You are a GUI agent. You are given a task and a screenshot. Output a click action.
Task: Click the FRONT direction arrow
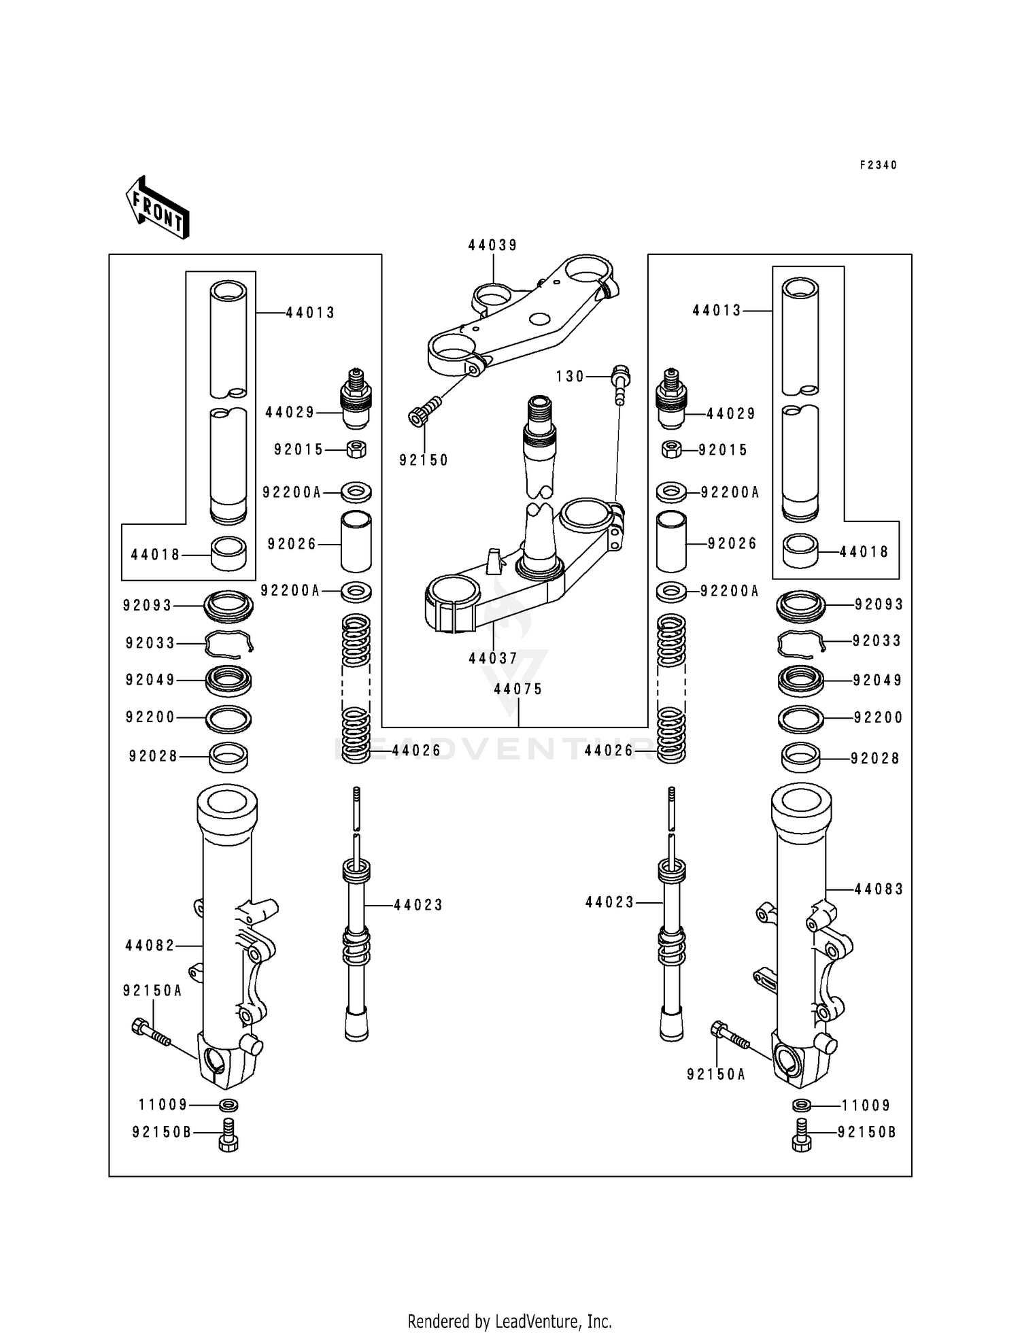pyautogui.click(x=157, y=207)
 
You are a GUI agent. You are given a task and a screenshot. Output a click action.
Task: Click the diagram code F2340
pyautogui.click(x=878, y=165)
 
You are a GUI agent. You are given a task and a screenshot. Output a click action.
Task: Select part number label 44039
pyautogui.click(x=492, y=245)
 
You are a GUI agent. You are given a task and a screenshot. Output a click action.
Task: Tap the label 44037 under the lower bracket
pyautogui.click(x=493, y=658)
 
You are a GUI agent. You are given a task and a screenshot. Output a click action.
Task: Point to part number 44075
pyautogui.click(x=518, y=689)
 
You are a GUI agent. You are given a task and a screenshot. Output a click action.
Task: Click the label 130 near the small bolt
pyautogui.click(x=570, y=376)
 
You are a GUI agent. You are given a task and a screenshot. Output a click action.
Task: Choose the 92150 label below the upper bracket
pyautogui.click(x=424, y=460)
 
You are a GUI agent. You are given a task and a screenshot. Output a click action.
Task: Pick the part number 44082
pyautogui.click(x=150, y=946)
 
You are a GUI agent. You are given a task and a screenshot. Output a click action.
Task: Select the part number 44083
pyautogui.click(x=879, y=889)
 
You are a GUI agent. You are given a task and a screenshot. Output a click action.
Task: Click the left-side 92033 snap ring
pyautogui.click(x=229, y=643)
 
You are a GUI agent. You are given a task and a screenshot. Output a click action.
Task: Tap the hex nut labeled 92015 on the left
pyautogui.click(x=357, y=449)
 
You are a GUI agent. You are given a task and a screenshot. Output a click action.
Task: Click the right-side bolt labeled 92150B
pyautogui.click(x=802, y=1135)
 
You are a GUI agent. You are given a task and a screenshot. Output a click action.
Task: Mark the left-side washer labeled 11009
pyautogui.click(x=229, y=1104)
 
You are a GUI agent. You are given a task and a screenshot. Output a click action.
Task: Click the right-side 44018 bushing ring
pyautogui.click(x=801, y=551)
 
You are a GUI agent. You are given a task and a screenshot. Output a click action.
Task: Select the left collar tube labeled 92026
pyautogui.click(x=356, y=543)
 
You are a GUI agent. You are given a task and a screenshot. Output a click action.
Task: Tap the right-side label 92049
pyautogui.click(x=878, y=681)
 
